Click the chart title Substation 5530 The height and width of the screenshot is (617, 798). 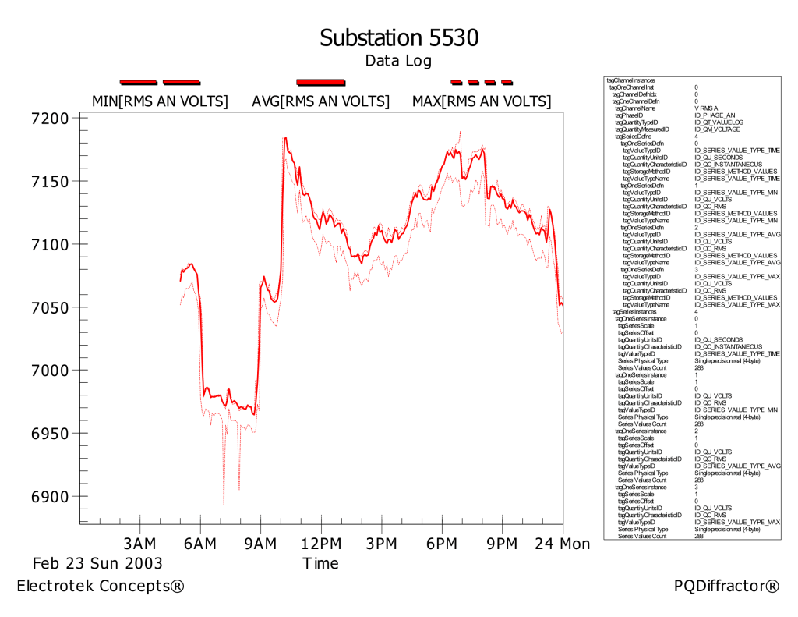tap(398, 37)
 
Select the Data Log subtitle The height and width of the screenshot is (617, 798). tap(398, 61)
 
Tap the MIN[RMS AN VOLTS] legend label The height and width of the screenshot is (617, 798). tap(160, 101)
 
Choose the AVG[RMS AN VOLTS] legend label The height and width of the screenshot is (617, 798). tap(320, 101)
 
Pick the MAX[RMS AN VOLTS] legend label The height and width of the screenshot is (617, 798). tap(481, 101)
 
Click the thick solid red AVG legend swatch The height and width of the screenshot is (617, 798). tap(320, 81)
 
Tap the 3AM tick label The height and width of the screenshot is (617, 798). tap(140, 543)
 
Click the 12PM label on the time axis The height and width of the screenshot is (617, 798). tap(320, 543)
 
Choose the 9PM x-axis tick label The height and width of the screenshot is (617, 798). tap(502, 543)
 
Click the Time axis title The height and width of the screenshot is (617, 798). tap(320, 563)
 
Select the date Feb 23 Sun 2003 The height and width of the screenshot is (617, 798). tap(97, 563)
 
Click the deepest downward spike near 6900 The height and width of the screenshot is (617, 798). tap(224, 503)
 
